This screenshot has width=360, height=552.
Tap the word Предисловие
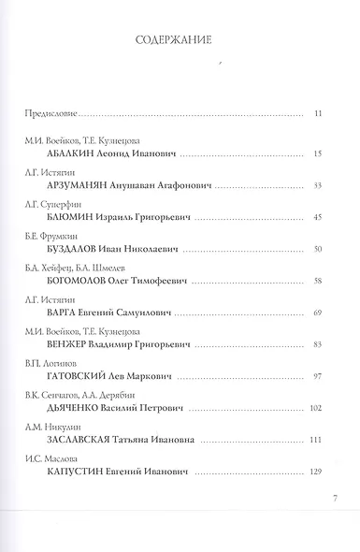48,114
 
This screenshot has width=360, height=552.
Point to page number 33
317,185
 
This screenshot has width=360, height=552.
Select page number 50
317,250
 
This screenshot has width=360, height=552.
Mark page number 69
317,313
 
